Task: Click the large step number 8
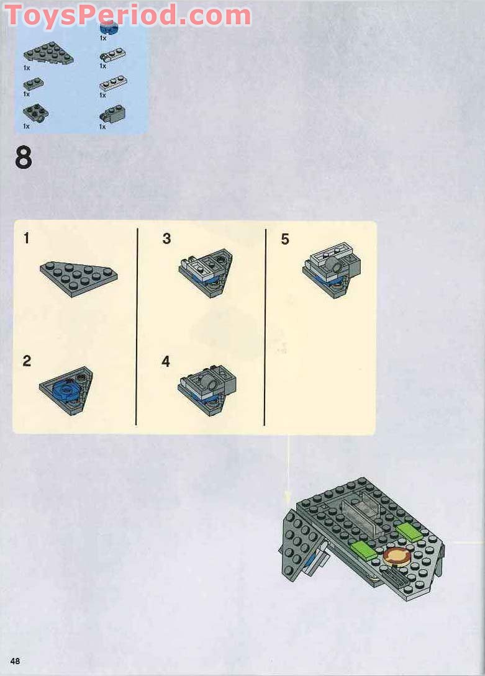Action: pyautogui.click(x=24, y=159)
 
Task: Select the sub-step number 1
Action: pyautogui.click(x=26, y=238)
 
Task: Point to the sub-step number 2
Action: pyautogui.click(x=27, y=361)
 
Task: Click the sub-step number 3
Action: pyautogui.click(x=166, y=238)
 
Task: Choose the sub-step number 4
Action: pyautogui.click(x=166, y=361)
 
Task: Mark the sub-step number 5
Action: pyautogui.click(x=285, y=239)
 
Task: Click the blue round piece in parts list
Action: pyautogui.click(x=108, y=27)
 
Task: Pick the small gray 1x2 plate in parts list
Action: pyautogui.click(x=33, y=84)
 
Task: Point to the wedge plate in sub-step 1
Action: pyautogui.click(x=78, y=276)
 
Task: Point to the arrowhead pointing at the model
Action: pyautogui.click(x=288, y=497)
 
